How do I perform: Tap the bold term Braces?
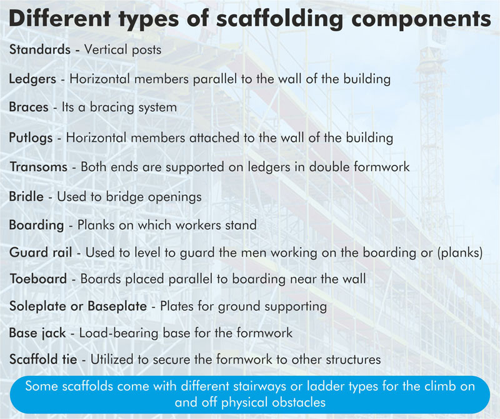tap(29, 107)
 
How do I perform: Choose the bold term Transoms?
tap(38, 167)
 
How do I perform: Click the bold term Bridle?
tap(26, 196)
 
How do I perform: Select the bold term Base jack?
tap(36, 333)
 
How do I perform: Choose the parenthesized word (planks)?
tap(464, 253)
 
